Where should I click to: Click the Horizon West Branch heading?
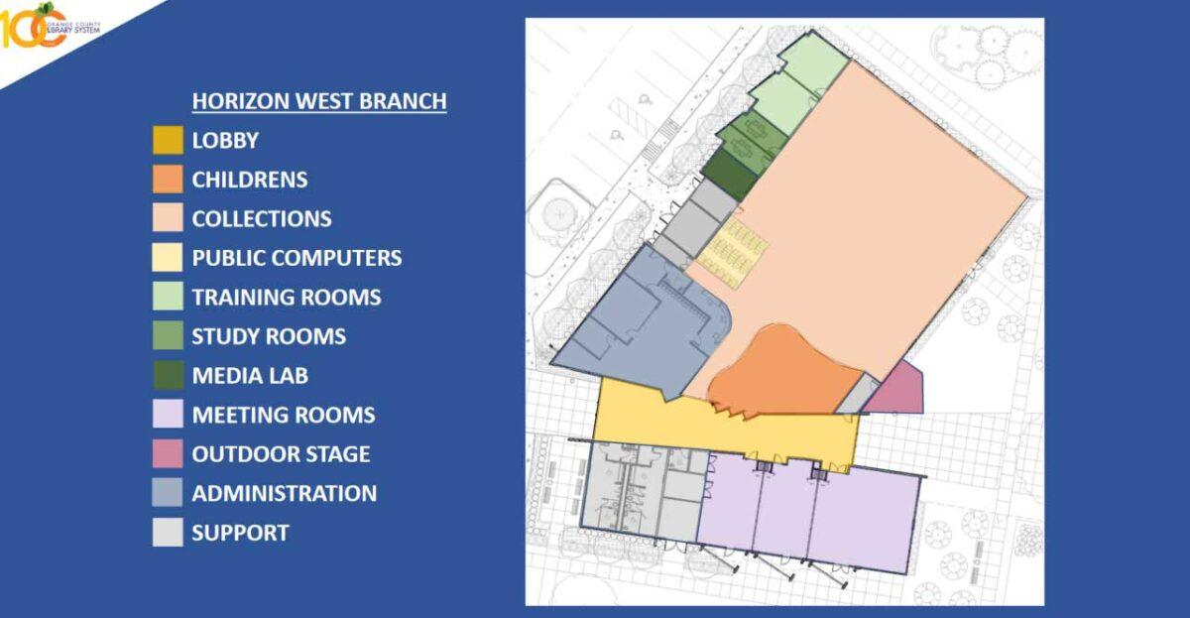(318, 101)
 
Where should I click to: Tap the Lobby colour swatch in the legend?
(168, 140)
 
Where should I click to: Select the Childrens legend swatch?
(168, 180)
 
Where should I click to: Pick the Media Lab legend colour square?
(168, 375)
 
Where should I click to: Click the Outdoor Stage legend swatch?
(168, 453)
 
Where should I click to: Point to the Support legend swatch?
(168, 532)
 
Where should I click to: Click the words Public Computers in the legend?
(297, 258)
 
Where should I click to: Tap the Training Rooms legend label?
(286, 297)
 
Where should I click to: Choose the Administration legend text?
(284, 493)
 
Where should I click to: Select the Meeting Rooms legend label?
(283, 415)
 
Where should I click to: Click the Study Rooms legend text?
(269, 336)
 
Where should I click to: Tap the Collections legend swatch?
(168, 218)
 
